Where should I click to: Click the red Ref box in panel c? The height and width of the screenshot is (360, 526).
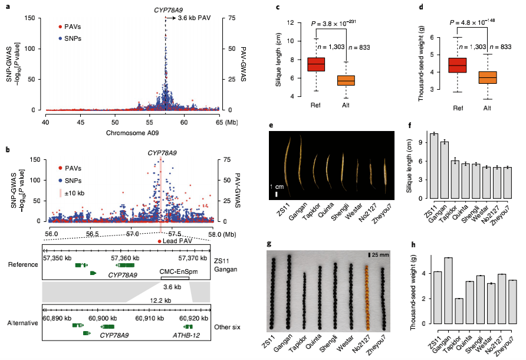pos(316,64)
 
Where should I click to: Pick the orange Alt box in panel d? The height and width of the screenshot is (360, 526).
pos(487,77)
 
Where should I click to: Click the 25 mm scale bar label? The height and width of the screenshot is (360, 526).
pos(380,255)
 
